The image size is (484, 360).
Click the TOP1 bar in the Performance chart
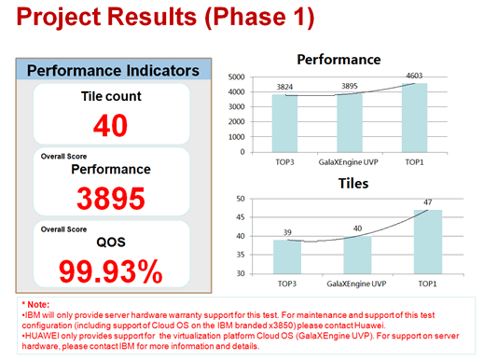pos(414,118)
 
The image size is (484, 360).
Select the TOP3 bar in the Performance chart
pos(284,123)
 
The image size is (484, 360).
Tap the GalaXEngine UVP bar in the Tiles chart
pos(357,255)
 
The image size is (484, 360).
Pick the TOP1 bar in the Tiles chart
pos(428,242)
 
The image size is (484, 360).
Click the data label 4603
pos(414,76)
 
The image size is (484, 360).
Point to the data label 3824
pos(284,87)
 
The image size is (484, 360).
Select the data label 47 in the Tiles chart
pos(428,202)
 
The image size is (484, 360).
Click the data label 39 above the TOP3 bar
pos(287,232)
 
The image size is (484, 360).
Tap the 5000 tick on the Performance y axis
pos(237,77)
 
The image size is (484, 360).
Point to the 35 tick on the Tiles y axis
pos(241,255)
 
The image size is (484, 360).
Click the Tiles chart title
pos(353,184)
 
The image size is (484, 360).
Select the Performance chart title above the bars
pos(339,60)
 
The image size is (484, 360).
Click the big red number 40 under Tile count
pos(110,126)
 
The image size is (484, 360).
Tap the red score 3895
pos(111,199)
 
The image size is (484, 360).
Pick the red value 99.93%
pos(111,271)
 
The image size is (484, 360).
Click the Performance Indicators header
pos(113,71)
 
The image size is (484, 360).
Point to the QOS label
pos(111,242)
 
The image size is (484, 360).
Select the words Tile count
pos(111,96)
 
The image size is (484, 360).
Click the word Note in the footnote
pos(38,304)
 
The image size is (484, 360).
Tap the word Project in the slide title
pos(59,17)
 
